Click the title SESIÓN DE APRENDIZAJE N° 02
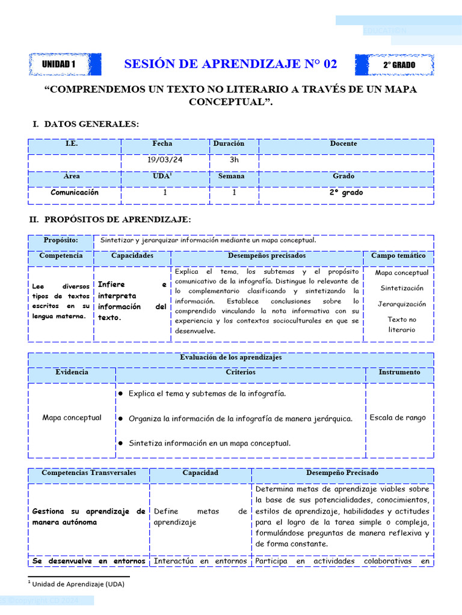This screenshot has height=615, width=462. click(230, 64)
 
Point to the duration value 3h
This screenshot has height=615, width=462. click(234, 160)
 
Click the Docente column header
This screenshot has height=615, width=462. click(343, 144)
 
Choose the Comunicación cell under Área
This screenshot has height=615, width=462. click(75, 193)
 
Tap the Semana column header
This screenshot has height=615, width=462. click(231, 177)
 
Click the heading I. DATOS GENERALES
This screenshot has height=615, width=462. click(85, 124)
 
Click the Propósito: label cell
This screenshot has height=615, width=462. click(61, 240)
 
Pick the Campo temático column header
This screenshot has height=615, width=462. click(398, 256)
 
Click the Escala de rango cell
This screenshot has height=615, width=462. click(398, 417)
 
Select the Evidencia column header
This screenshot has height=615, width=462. click(72, 372)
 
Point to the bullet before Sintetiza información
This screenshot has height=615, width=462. click(121, 443)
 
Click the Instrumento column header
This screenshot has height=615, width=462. click(399, 372)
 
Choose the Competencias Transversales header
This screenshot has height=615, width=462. click(88, 473)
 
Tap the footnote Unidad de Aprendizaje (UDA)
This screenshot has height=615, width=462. click(78, 583)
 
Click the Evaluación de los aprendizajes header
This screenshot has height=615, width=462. click(231, 357)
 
